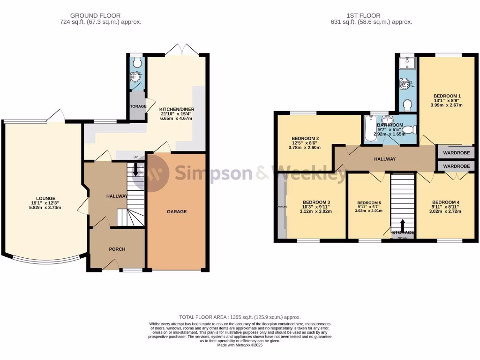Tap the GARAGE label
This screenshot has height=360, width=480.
[x=177, y=211]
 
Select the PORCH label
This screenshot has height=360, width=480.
[x=117, y=249]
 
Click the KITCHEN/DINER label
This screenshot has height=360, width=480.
[x=177, y=109]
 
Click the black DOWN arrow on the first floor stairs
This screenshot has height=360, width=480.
[x=403, y=225]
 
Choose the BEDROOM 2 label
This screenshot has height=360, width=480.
[x=305, y=138]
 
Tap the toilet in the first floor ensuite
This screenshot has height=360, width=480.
[x=407, y=105]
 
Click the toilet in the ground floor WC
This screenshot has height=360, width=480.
[x=136, y=62]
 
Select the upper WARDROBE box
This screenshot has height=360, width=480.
[x=456, y=152]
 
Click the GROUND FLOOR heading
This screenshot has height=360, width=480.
[x=100, y=15]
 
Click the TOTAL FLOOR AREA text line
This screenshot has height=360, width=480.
[x=240, y=317]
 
